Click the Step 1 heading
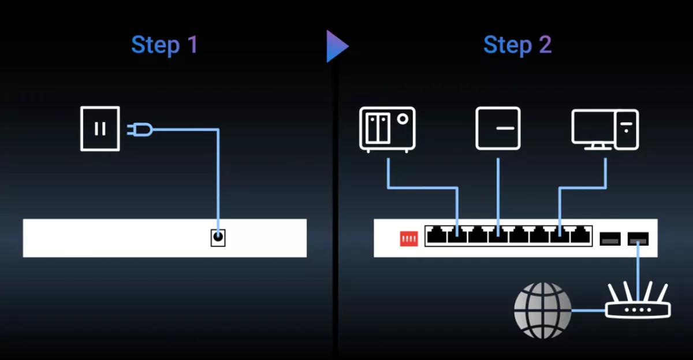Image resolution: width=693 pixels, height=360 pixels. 165,45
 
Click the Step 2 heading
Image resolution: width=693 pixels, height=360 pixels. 517,45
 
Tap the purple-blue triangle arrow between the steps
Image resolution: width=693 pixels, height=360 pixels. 337,46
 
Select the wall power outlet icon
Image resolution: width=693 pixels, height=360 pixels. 100,129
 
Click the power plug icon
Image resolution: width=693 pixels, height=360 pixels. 140,129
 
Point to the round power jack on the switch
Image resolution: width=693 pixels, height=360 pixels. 218,237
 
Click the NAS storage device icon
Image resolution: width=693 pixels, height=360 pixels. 388,129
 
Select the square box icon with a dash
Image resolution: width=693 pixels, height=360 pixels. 498,128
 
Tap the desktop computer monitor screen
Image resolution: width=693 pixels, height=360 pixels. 593,127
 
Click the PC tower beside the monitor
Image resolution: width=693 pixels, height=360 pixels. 627,129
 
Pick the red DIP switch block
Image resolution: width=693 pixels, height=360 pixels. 409,239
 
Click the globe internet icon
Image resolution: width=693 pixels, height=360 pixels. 543,310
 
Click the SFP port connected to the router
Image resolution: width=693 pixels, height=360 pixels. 638,239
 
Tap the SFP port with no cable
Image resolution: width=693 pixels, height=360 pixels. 610,239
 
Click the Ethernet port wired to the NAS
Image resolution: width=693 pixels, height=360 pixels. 457,235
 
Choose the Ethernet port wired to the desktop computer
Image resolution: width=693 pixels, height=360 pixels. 560,235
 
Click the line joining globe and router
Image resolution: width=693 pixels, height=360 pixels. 588,310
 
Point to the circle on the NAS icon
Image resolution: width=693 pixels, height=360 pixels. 403,119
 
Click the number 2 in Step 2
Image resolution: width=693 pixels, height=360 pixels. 545,45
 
